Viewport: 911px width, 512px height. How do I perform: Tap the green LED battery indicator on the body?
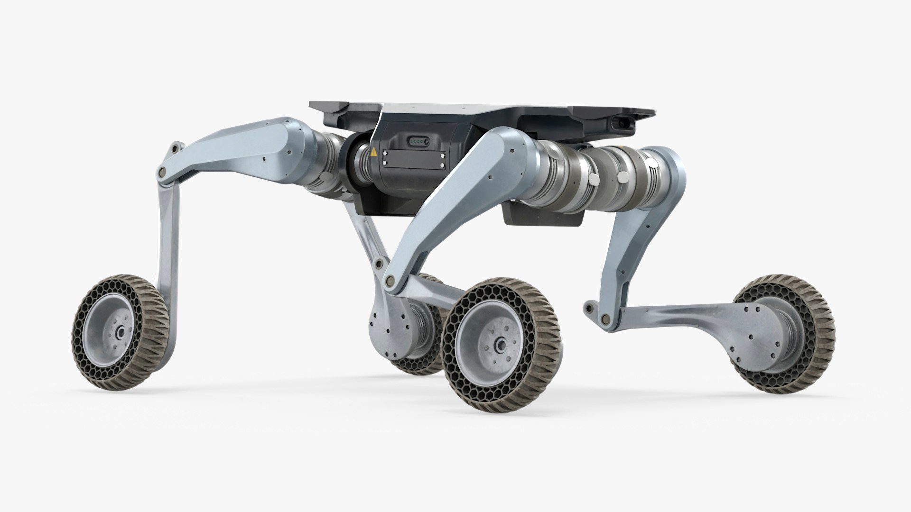pyautogui.click(x=418, y=141)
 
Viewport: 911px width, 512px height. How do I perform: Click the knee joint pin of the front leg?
pyautogui.click(x=390, y=281)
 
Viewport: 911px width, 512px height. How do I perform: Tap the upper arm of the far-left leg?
pyautogui.click(x=237, y=142)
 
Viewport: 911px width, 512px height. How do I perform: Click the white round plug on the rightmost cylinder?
pyautogui.click(x=653, y=165)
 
